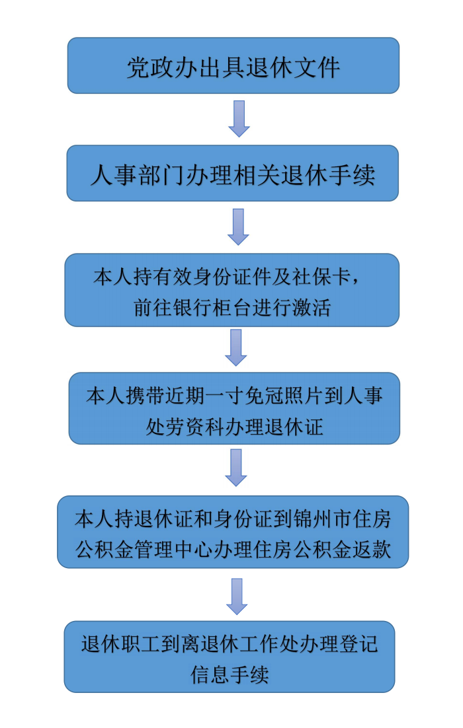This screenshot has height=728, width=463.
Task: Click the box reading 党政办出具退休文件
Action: [x=233, y=65]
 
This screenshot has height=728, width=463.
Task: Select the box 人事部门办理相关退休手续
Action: [x=232, y=173]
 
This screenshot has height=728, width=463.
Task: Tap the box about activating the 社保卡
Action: [x=232, y=290]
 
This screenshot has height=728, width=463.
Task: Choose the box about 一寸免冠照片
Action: [x=234, y=408]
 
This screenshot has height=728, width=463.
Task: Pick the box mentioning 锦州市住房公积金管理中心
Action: [x=233, y=532]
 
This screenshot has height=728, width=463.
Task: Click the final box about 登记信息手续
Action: [x=230, y=657]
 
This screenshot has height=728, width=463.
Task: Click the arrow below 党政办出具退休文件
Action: [x=239, y=119]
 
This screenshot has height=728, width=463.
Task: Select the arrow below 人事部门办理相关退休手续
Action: [x=239, y=227]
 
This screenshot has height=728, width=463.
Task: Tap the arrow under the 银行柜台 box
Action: [x=236, y=347]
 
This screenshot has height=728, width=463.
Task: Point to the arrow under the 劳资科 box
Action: [x=236, y=468]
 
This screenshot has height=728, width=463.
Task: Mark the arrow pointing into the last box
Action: [x=237, y=597]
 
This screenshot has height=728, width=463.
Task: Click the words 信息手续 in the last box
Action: [x=230, y=674]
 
